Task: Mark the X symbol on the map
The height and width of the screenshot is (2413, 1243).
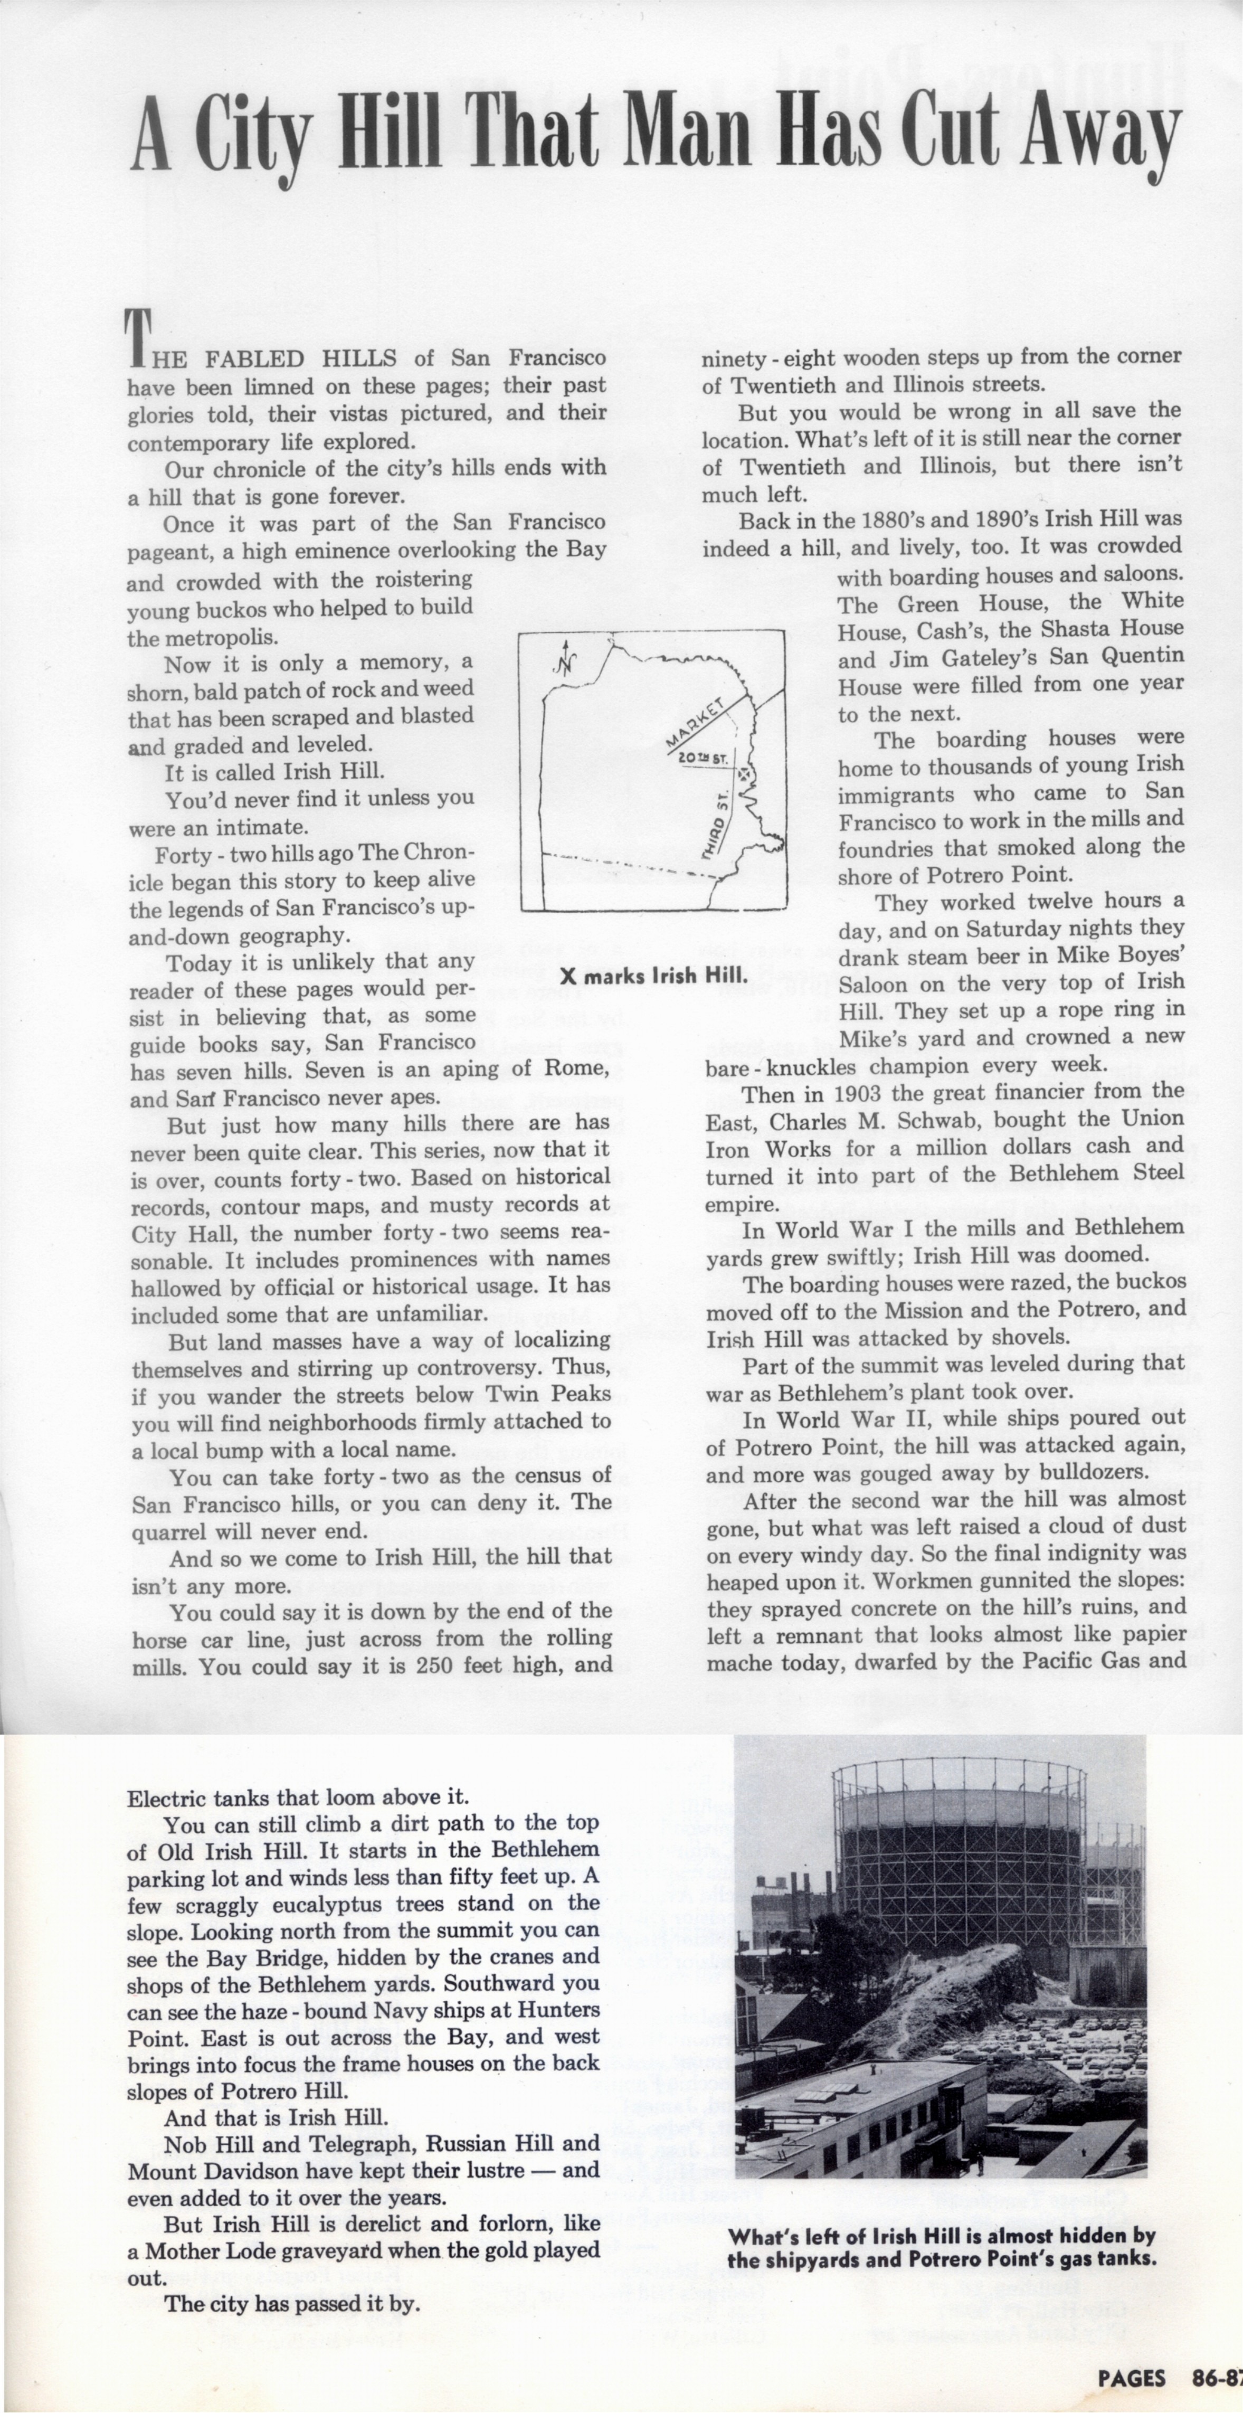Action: (x=744, y=774)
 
